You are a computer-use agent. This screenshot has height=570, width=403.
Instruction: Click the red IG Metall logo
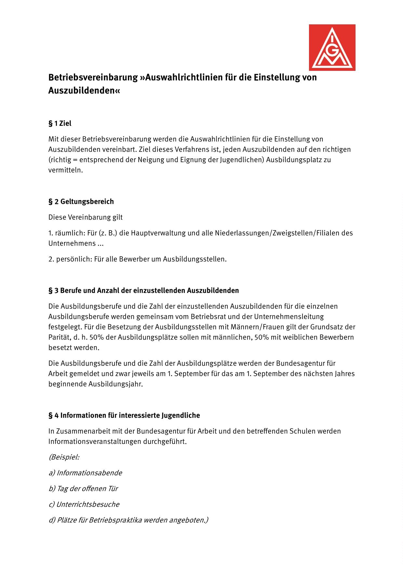click(332, 47)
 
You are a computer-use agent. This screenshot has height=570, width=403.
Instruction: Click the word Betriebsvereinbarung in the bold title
click(93, 78)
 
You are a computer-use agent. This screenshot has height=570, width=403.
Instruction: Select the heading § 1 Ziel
click(60, 123)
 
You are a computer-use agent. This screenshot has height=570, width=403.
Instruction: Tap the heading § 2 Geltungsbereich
click(81, 201)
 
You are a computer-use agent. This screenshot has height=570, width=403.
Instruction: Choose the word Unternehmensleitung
click(289, 317)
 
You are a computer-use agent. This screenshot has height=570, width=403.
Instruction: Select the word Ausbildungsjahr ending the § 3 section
click(115, 384)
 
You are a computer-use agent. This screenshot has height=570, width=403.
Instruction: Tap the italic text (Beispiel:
click(64, 457)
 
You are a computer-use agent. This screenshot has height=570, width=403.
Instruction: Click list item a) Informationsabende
click(85, 473)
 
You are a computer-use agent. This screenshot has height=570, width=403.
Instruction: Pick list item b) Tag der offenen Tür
click(83, 489)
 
